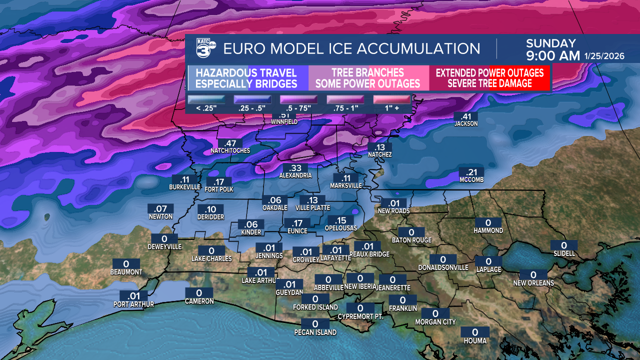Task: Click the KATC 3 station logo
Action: (x=205, y=48)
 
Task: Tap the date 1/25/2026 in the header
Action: (x=604, y=56)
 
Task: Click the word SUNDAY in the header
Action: (x=550, y=43)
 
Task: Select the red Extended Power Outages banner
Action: (x=489, y=78)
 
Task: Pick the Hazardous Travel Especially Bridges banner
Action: (x=246, y=78)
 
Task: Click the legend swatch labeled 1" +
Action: (x=391, y=100)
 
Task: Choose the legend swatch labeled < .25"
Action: (x=206, y=100)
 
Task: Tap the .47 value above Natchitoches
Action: (x=230, y=143)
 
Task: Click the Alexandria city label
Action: (x=295, y=175)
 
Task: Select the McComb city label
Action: (x=471, y=180)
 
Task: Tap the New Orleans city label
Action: (x=533, y=283)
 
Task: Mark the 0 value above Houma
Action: (x=474, y=332)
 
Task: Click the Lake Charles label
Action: (x=211, y=258)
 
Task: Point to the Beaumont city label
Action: (x=126, y=272)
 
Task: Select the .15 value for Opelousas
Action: (x=340, y=220)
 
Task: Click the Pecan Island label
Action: (x=315, y=332)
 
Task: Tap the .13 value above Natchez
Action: (x=379, y=147)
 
